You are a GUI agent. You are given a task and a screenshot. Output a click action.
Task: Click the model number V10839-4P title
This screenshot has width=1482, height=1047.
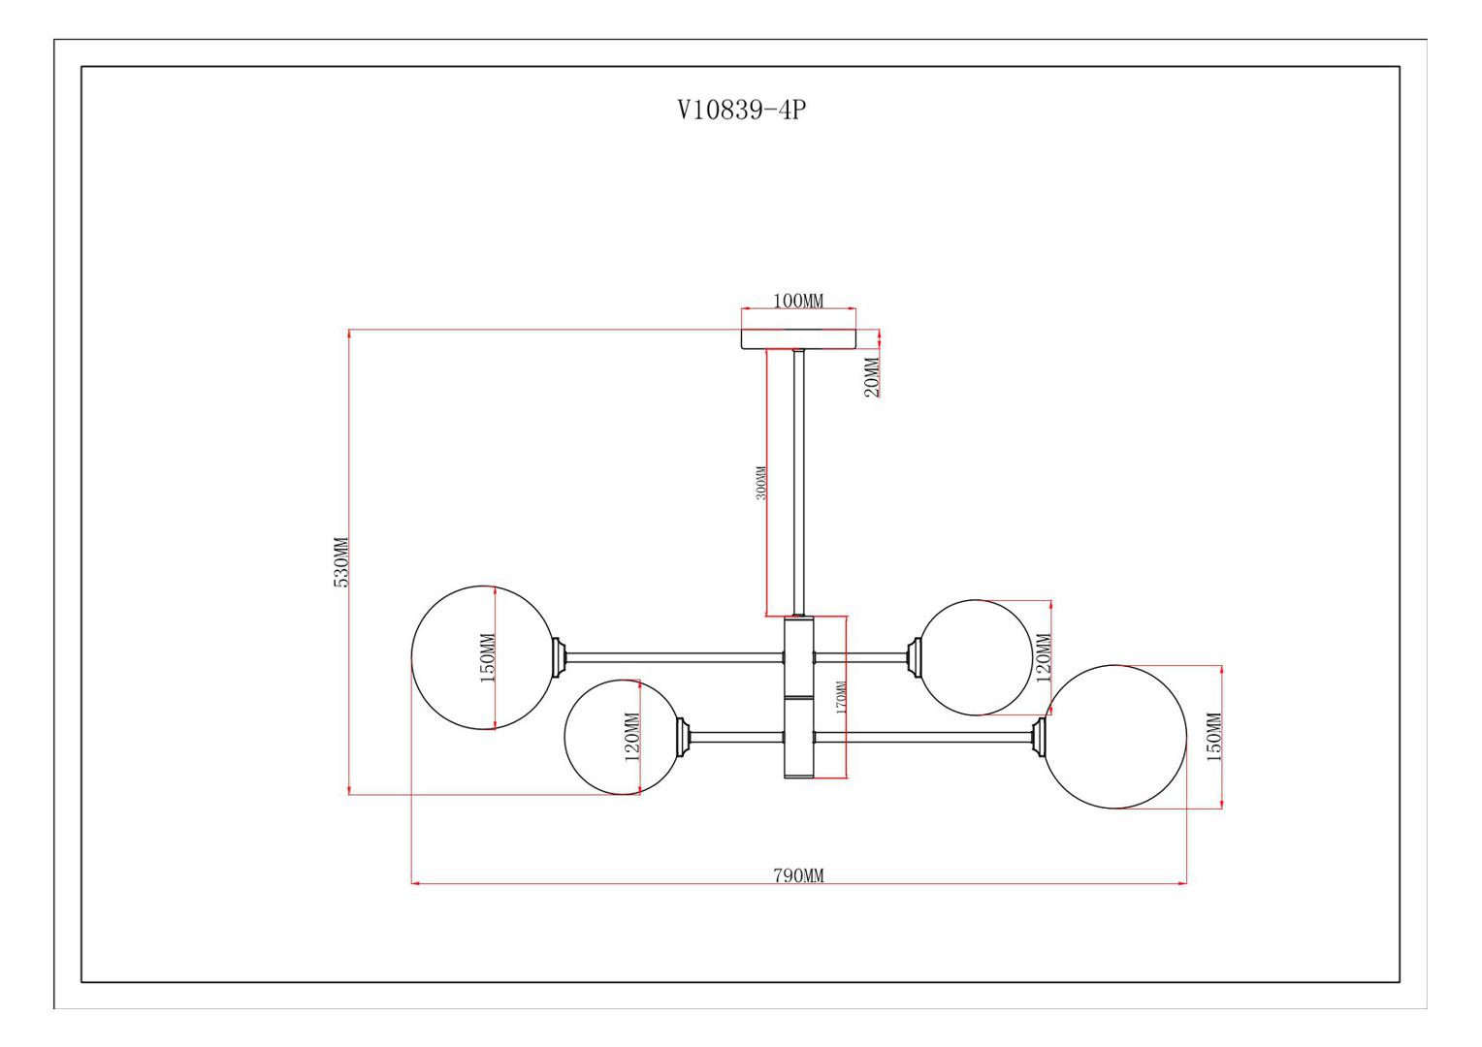742,110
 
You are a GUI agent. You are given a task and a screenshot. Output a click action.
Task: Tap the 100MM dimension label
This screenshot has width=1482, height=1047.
798,301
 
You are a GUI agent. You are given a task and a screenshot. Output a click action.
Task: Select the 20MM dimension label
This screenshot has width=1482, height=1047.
873,377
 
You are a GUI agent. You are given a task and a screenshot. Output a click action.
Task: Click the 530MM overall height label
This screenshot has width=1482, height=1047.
340,562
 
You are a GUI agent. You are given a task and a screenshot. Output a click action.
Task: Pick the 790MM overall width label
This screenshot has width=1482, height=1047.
798,875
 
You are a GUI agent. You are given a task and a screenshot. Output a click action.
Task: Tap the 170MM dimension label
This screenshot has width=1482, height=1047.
841,697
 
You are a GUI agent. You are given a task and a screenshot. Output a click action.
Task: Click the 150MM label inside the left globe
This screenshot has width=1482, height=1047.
488,658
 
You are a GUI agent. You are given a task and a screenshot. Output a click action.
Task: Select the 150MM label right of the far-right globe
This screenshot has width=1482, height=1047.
1214,737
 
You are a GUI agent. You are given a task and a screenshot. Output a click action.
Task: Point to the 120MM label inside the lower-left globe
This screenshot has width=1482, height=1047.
632,737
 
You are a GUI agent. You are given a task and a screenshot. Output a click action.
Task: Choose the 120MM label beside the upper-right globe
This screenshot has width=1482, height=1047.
1044,658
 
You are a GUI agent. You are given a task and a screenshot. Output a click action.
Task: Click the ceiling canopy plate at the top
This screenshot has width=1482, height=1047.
798,338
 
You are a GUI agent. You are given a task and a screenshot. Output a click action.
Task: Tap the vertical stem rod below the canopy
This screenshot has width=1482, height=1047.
798,484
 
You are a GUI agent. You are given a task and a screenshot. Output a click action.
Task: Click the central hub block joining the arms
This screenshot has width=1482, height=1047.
798,698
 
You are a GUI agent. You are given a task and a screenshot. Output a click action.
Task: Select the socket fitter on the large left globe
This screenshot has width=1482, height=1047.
559,657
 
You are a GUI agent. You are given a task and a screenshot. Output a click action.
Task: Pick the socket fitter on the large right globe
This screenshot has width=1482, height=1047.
1039,737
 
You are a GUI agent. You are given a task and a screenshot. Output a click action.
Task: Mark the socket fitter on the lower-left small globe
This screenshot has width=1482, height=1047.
684,737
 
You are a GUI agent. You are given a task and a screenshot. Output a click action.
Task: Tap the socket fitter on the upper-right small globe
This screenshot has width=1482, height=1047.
915,657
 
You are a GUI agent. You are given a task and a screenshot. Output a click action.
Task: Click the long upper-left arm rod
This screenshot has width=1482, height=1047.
675,657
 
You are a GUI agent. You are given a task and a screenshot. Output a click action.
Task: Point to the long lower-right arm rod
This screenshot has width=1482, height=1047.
923,737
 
